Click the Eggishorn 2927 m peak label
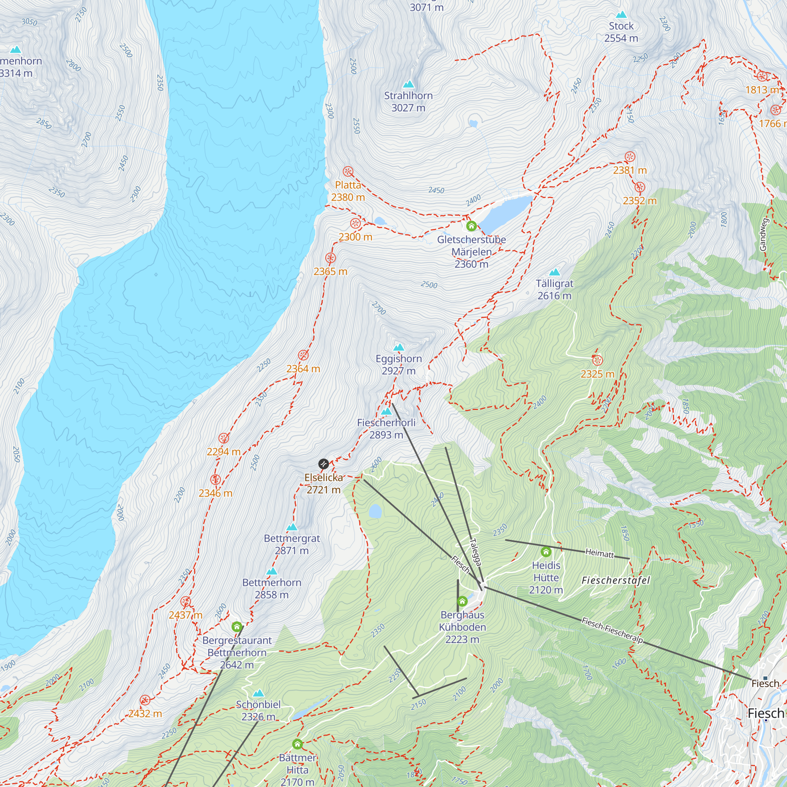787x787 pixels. pos(398,365)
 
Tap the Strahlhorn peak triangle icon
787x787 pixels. pos(408,84)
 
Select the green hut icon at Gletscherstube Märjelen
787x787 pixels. pos(471,225)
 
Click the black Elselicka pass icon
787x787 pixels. pos(323,464)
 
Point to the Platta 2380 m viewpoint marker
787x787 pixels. pos(348,171)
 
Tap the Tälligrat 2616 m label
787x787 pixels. pos(554,289)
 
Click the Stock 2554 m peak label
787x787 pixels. pos(621,32)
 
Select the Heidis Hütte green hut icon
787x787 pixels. pos(546,552)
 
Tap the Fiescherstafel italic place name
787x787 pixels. pos(615,580)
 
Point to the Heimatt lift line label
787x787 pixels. pos(599,553)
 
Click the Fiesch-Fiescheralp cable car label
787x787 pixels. pos(612,630)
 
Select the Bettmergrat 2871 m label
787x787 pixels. pos(292,544)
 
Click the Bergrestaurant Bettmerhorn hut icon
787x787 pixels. pos(236,626)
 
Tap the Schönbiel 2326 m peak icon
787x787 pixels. pos(258,693)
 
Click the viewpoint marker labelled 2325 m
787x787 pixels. pos(597,360)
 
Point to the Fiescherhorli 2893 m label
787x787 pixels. pos(386,429)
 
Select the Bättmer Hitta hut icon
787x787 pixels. pos(297,744)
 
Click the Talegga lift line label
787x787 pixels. pos(475,552)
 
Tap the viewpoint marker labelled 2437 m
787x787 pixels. pos(185,601)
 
